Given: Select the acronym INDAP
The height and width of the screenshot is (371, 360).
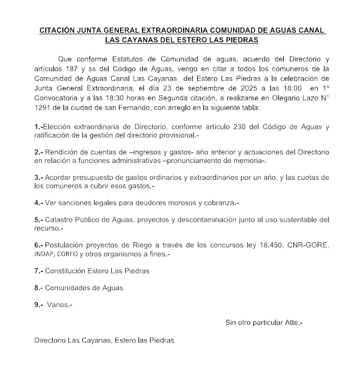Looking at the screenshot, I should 44,254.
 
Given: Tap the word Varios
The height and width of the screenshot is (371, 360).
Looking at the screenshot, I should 59,305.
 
